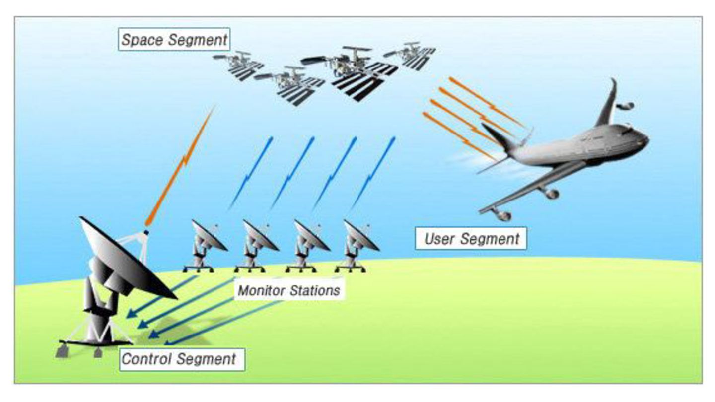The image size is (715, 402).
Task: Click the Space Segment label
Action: tap(174, 40)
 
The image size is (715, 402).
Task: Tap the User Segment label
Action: tap(471, 239)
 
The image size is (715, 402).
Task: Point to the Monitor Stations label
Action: tap(288, 290)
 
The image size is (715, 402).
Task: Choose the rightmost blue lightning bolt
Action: tap(374, 171)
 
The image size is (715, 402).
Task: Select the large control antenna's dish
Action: tap(127, 258)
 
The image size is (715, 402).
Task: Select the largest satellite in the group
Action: tap(355, 72)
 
